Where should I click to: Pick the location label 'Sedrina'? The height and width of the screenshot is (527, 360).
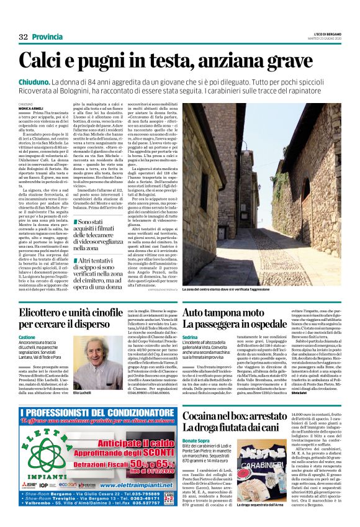click(191, 336)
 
